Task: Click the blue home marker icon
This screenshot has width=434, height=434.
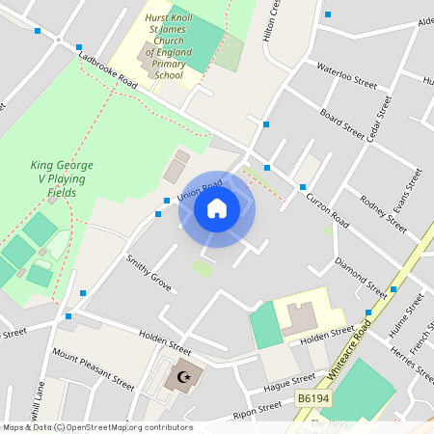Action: (216, 208)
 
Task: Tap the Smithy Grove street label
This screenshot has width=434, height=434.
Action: (149, 273)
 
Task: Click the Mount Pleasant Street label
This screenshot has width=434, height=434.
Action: (94, 367)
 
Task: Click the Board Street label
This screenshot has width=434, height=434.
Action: (341, 123)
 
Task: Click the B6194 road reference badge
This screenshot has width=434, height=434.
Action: (312, 398)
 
